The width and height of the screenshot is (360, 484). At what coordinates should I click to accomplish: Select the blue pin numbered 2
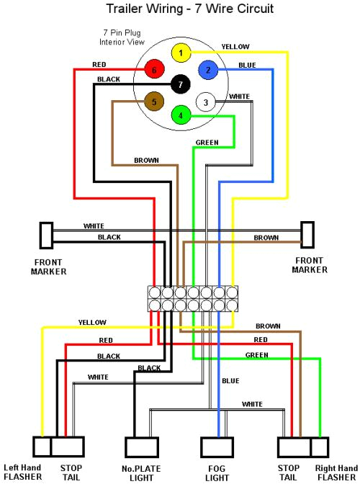click(208, 70)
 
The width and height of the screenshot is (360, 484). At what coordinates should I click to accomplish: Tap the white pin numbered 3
click(205, 103)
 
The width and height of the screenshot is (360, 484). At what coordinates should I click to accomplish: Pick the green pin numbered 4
click(181, 115)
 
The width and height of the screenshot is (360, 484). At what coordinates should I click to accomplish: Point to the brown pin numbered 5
click(153, 102)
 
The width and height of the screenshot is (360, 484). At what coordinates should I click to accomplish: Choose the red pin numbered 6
click(153, 71)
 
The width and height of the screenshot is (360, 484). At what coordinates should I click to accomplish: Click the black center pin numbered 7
click(180, 85)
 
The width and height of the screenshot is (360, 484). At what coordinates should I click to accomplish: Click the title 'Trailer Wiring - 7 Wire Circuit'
click(180, 9)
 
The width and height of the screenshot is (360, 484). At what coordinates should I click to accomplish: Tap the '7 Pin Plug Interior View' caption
click(122, 38)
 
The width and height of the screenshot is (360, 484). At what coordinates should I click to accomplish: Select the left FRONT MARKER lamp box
click(45, 234)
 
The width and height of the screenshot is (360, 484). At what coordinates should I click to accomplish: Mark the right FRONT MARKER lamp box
click(307, 234)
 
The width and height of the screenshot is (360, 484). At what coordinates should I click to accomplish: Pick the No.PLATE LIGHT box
click(140, 447)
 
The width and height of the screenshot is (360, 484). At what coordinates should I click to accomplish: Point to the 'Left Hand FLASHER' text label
click(22, 472)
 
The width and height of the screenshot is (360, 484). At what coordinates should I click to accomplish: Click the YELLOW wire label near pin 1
click(235, 47)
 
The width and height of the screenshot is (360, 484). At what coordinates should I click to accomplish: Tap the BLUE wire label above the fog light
click(230, 381)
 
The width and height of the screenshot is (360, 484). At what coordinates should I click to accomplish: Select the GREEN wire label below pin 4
click(207, 143)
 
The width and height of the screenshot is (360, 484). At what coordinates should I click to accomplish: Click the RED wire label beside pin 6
click(99, 65)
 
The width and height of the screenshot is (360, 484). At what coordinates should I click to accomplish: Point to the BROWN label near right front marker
click(266, 238)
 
